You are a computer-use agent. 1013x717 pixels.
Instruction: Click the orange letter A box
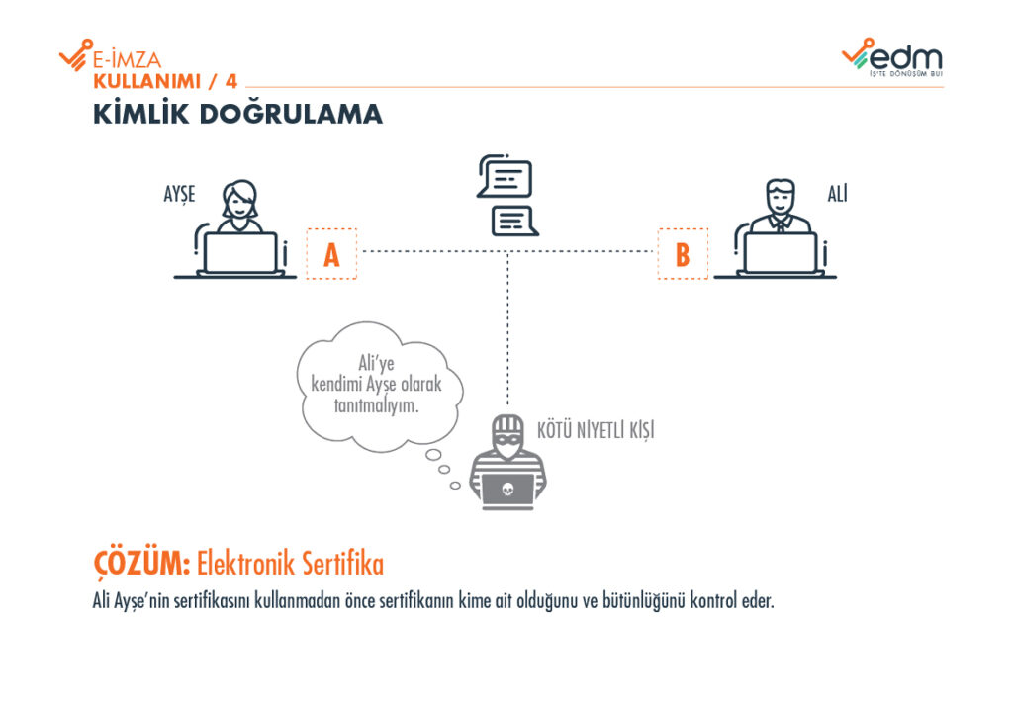[x=331, y=254]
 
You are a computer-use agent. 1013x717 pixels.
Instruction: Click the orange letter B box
[x=683, y=254]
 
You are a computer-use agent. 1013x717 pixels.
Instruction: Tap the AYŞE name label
[x=179, y=195]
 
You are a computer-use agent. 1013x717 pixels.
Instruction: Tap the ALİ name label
[x=838, y=194]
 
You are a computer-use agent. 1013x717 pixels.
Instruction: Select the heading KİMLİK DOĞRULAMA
[x=237, y=115]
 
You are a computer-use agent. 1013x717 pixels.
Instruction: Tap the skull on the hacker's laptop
[x=507, y=488]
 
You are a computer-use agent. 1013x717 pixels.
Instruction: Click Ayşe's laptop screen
[x=240, y=252]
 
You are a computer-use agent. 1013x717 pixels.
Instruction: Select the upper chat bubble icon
[x=505, y=178]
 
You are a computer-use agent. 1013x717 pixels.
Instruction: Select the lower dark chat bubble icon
[x=514, y=221]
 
